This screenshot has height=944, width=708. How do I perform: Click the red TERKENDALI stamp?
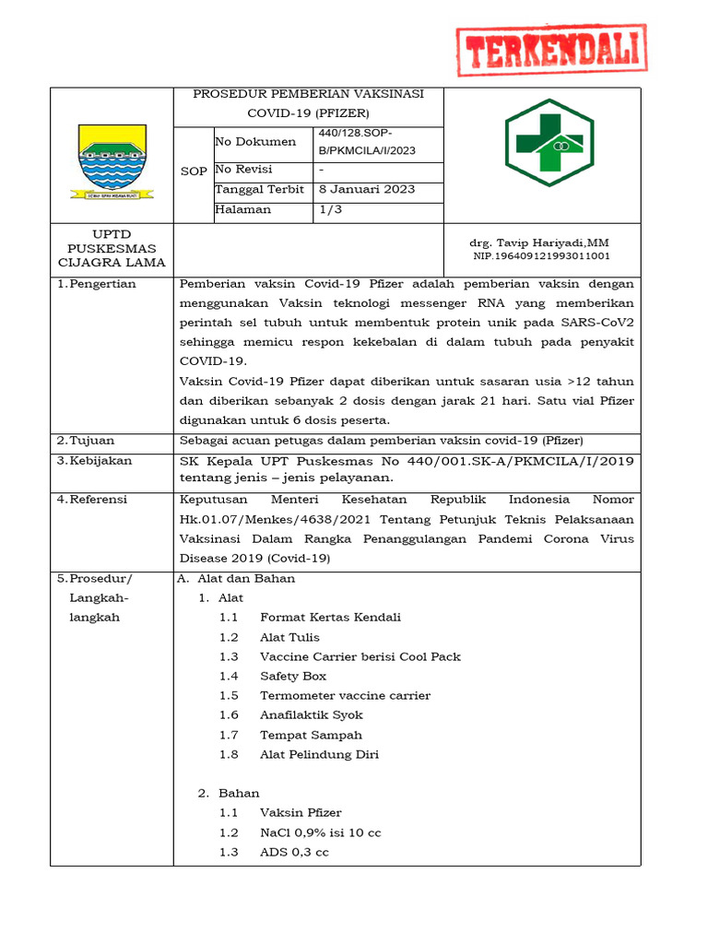coord(552,51)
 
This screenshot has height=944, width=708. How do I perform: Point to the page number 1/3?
coord(327,209)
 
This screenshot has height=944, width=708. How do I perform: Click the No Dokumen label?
coord(255,142)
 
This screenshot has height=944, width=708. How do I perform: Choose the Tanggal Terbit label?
coord(259,190)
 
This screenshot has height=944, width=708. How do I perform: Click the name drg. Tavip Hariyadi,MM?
coord(539,242)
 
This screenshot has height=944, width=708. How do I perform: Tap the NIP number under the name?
coord(541,256)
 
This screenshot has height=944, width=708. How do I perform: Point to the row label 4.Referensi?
coord(95,500)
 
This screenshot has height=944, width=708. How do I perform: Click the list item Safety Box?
coord(293,676)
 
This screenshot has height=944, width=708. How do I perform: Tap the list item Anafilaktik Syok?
coord(312,715)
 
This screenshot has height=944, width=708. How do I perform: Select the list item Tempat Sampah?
coord(311,735)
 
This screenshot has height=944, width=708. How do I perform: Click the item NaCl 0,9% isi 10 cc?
coord(320,832)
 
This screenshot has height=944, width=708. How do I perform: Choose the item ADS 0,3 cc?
coord(294,852)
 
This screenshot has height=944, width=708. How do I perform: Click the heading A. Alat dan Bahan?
coord(236,579)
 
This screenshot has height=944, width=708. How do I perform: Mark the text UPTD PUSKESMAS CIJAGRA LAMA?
coord(112,248)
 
